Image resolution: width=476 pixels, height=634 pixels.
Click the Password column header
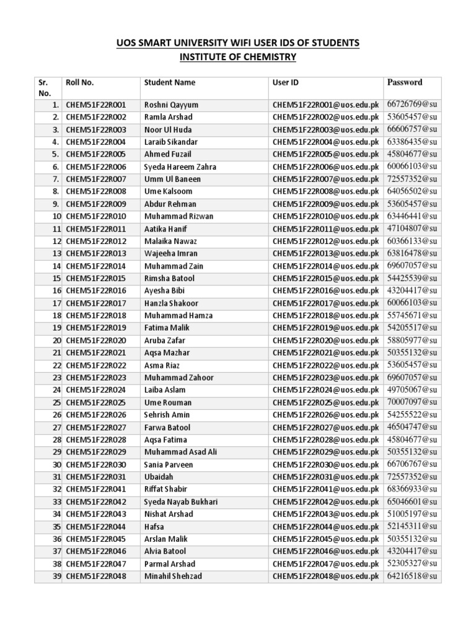(x=405, y=82)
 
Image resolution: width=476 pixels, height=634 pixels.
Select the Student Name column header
(x=169, y=82)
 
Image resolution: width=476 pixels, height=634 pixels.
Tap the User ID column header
(x=286, y=82)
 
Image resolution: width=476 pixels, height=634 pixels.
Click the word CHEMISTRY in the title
(x=265, y=58)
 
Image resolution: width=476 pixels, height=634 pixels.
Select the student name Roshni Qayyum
(x=171, y=105)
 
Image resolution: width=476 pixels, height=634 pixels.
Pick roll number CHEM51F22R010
(x=95, y=217)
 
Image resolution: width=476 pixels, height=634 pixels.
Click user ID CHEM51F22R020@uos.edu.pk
(x=325, y=341)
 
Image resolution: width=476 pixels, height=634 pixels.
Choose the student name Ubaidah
(x=159, y=477)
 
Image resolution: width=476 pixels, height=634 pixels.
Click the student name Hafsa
(x=154, y=527)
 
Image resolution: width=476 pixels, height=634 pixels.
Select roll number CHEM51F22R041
(x=95, y=489)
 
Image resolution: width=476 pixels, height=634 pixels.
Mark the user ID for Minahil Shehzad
(x=325, y=576)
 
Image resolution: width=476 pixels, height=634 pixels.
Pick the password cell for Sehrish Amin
(x=412, y=415)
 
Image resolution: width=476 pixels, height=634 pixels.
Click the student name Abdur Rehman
(x=170, y=204)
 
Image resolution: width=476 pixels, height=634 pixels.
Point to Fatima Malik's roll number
(x=95, y=328)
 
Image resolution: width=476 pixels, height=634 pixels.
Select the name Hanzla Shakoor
(x=171, y=303)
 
